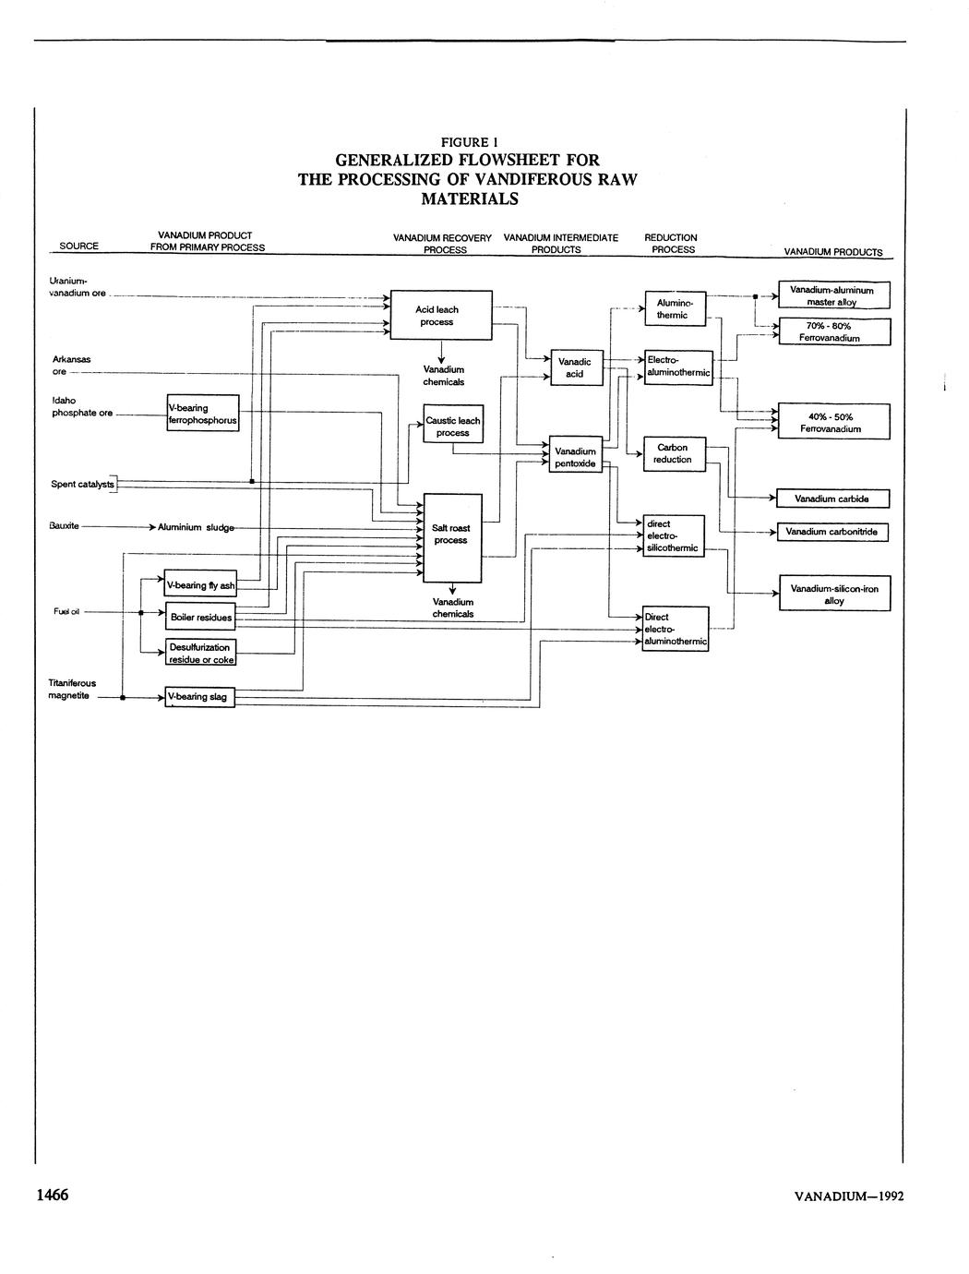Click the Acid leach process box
441,316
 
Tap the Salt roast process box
451,537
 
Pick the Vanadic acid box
575,367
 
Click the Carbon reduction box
673,453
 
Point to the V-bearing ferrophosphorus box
202,414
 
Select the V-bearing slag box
199,697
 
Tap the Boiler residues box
200,617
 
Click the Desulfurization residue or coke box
200,654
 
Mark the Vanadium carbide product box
833,499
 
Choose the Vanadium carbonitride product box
833,533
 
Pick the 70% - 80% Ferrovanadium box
833,332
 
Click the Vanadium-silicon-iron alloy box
833,595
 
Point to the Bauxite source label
64,526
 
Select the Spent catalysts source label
82,484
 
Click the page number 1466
53,1195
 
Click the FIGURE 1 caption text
468,142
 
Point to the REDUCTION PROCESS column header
671,244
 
